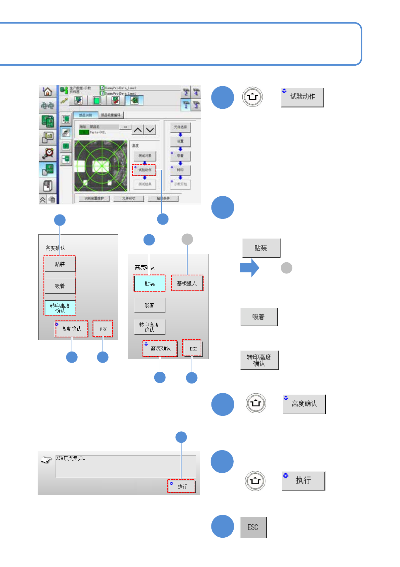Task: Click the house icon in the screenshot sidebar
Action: pos(48,91)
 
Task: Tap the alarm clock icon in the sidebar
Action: pos(48,153)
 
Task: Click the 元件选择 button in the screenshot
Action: pos(181,127)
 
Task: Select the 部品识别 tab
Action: pos(85,115)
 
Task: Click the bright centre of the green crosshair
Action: pos(101,165)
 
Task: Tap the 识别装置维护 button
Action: pos(94,198)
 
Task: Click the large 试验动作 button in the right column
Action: pos(302,97)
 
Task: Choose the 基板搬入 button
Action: pos(187,283)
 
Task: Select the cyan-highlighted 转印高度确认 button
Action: pos(60,308)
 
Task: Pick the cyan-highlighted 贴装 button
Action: pos(150,283)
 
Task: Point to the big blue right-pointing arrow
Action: pos(250,268)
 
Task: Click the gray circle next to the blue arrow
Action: pos(286,268)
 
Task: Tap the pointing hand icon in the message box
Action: pos(46,460)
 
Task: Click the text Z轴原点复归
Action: pos(71,458)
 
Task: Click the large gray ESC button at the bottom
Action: pos(253,527)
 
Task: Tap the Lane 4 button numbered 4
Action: pos(196,92)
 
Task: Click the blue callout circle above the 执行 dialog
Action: pos(181,437)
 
